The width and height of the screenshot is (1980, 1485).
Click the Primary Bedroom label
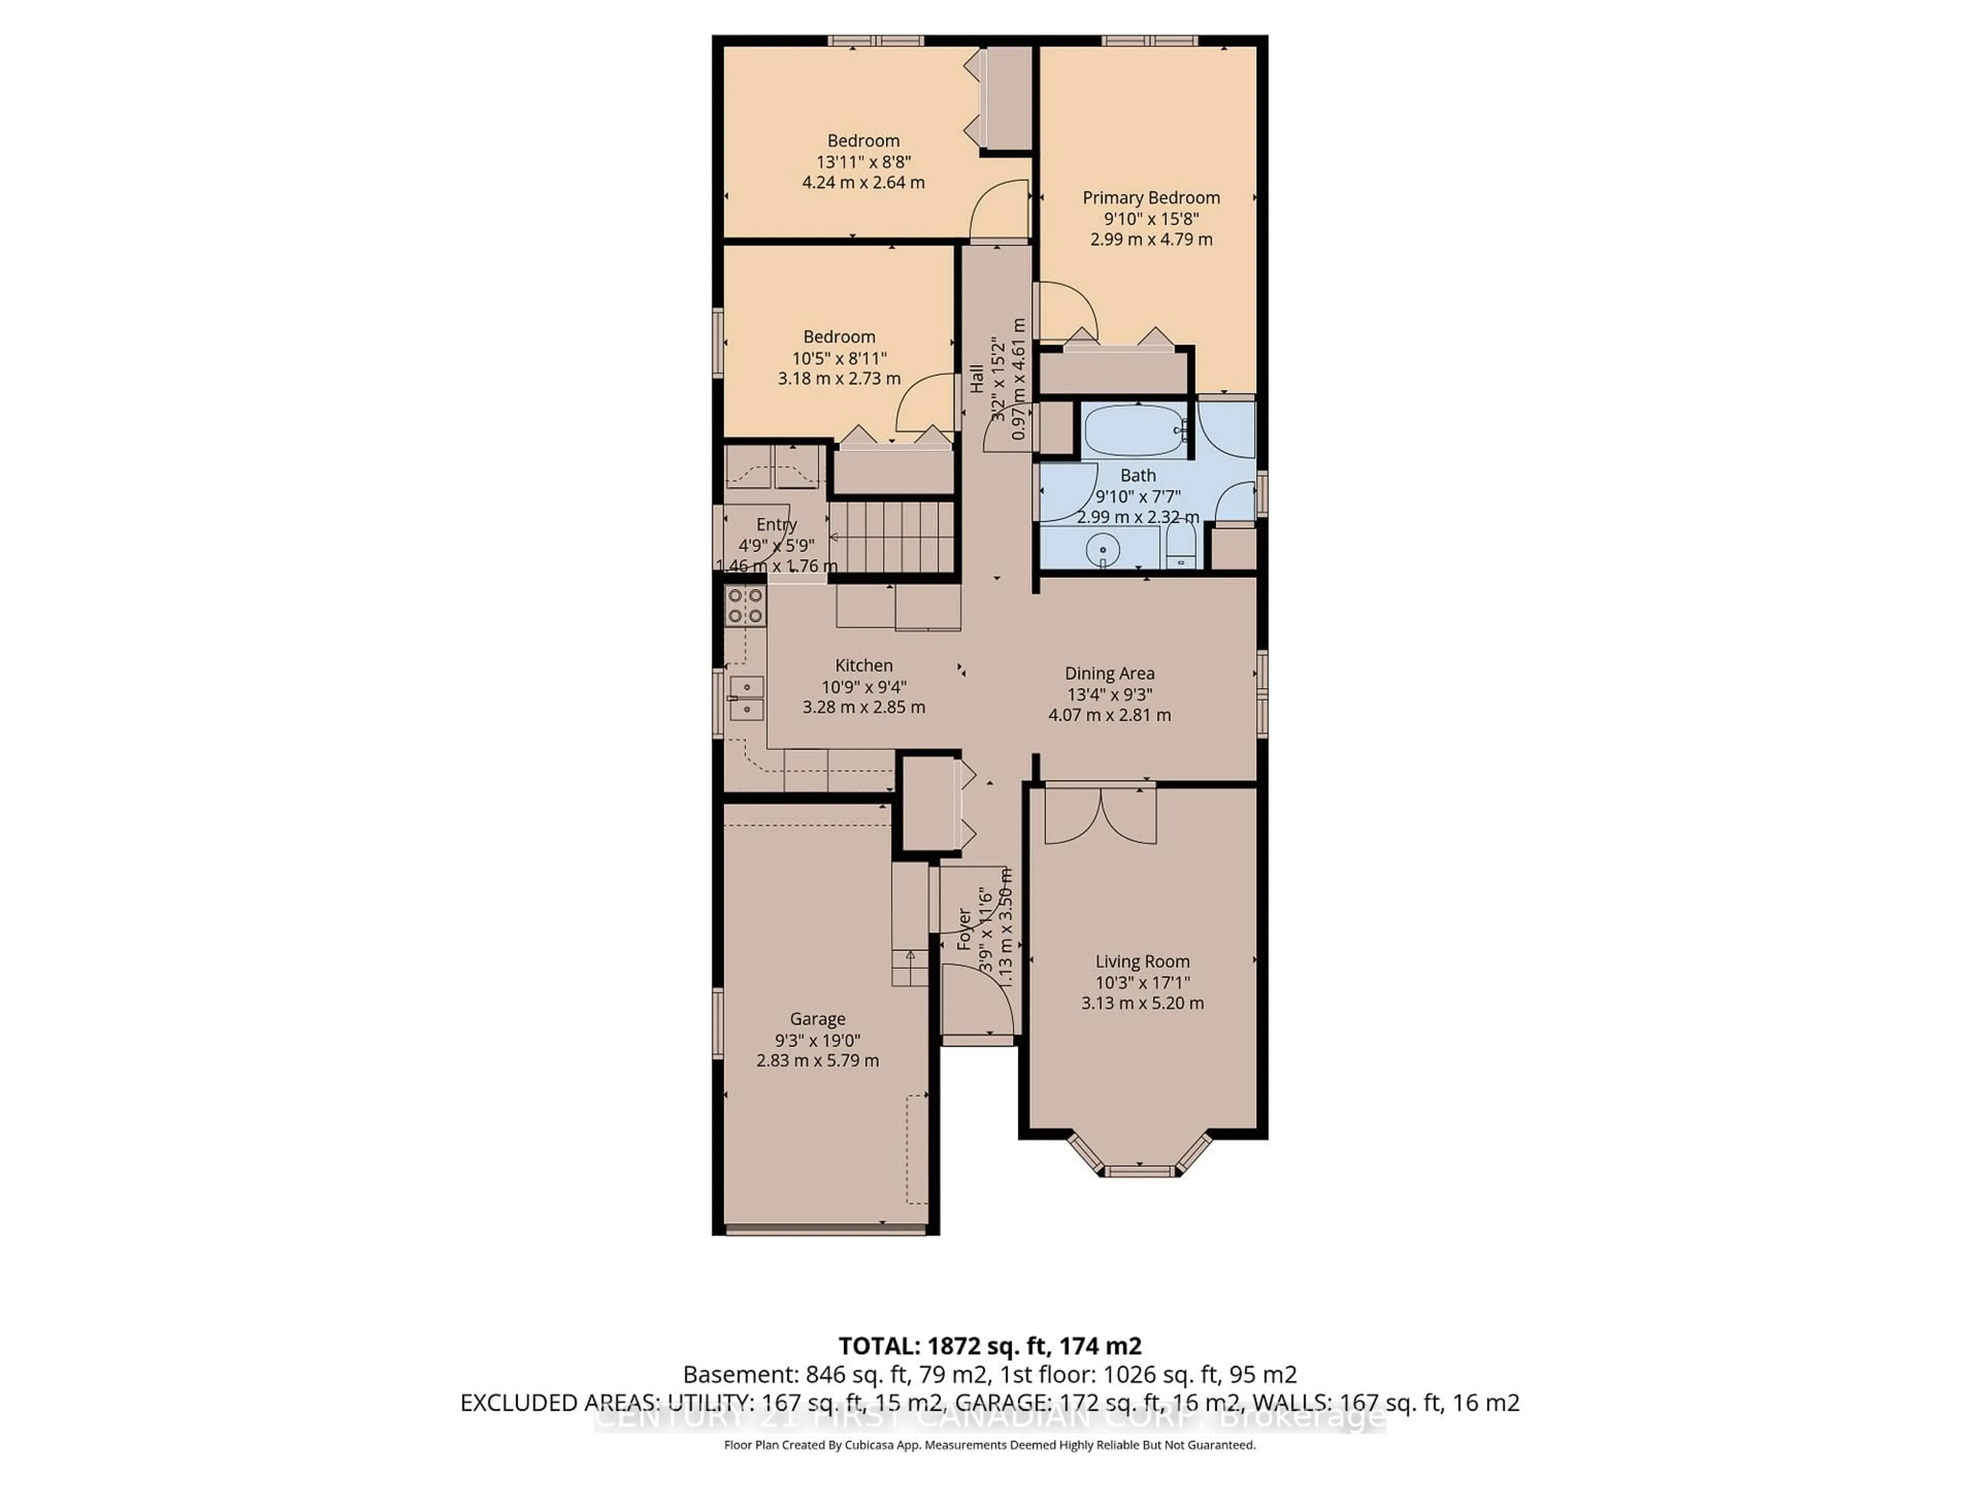pyautogui.click(x=1150, y=198)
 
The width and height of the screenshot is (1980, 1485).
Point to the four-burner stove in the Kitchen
pyautogui.click(x=745, y=605)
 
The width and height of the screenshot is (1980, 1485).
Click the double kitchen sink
pyautogui.click(x=746, y=698)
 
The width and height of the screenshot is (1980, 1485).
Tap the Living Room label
pyautogui.click(x=1142, y=961)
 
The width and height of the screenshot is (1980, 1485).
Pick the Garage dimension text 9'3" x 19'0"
pyautogui.click(x=817, y=1040)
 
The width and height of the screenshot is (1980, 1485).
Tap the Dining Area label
pyautogui.click(x=1109, y=673)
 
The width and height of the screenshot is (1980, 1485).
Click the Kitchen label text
pyautogui.click(x=864, y=665)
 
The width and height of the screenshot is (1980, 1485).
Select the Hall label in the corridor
pyautogui.click(x=977, y=378)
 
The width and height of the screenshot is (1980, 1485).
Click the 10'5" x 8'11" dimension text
pyautogui.click(x=839, y=358)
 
